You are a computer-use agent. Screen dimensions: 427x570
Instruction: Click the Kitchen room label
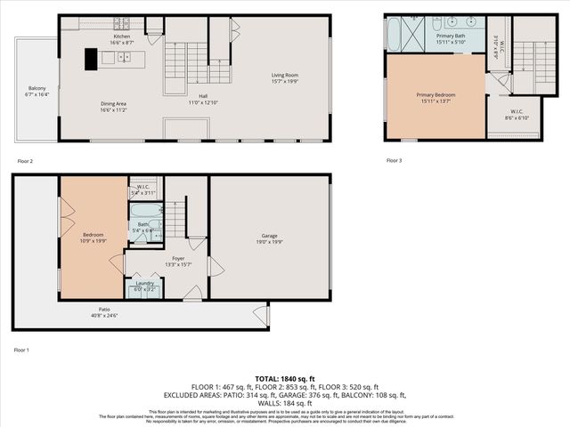point(121,38)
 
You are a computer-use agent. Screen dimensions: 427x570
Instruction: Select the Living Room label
point(284,78)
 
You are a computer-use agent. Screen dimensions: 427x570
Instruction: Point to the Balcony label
point(37,91)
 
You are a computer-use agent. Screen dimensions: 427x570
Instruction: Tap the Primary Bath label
point(450,37)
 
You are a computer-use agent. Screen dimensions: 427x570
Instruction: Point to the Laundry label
point(144,286)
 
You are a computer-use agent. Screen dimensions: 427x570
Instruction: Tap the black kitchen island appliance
point(91,59)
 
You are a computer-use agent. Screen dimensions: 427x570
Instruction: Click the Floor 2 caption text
point(25,161)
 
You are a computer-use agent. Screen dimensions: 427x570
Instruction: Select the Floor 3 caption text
point(394,161)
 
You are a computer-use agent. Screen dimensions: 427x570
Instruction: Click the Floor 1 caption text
point(21,350)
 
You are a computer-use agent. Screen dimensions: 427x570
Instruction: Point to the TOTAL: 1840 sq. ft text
point(284,377)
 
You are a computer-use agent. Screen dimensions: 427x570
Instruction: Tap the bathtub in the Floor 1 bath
point(146,213)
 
